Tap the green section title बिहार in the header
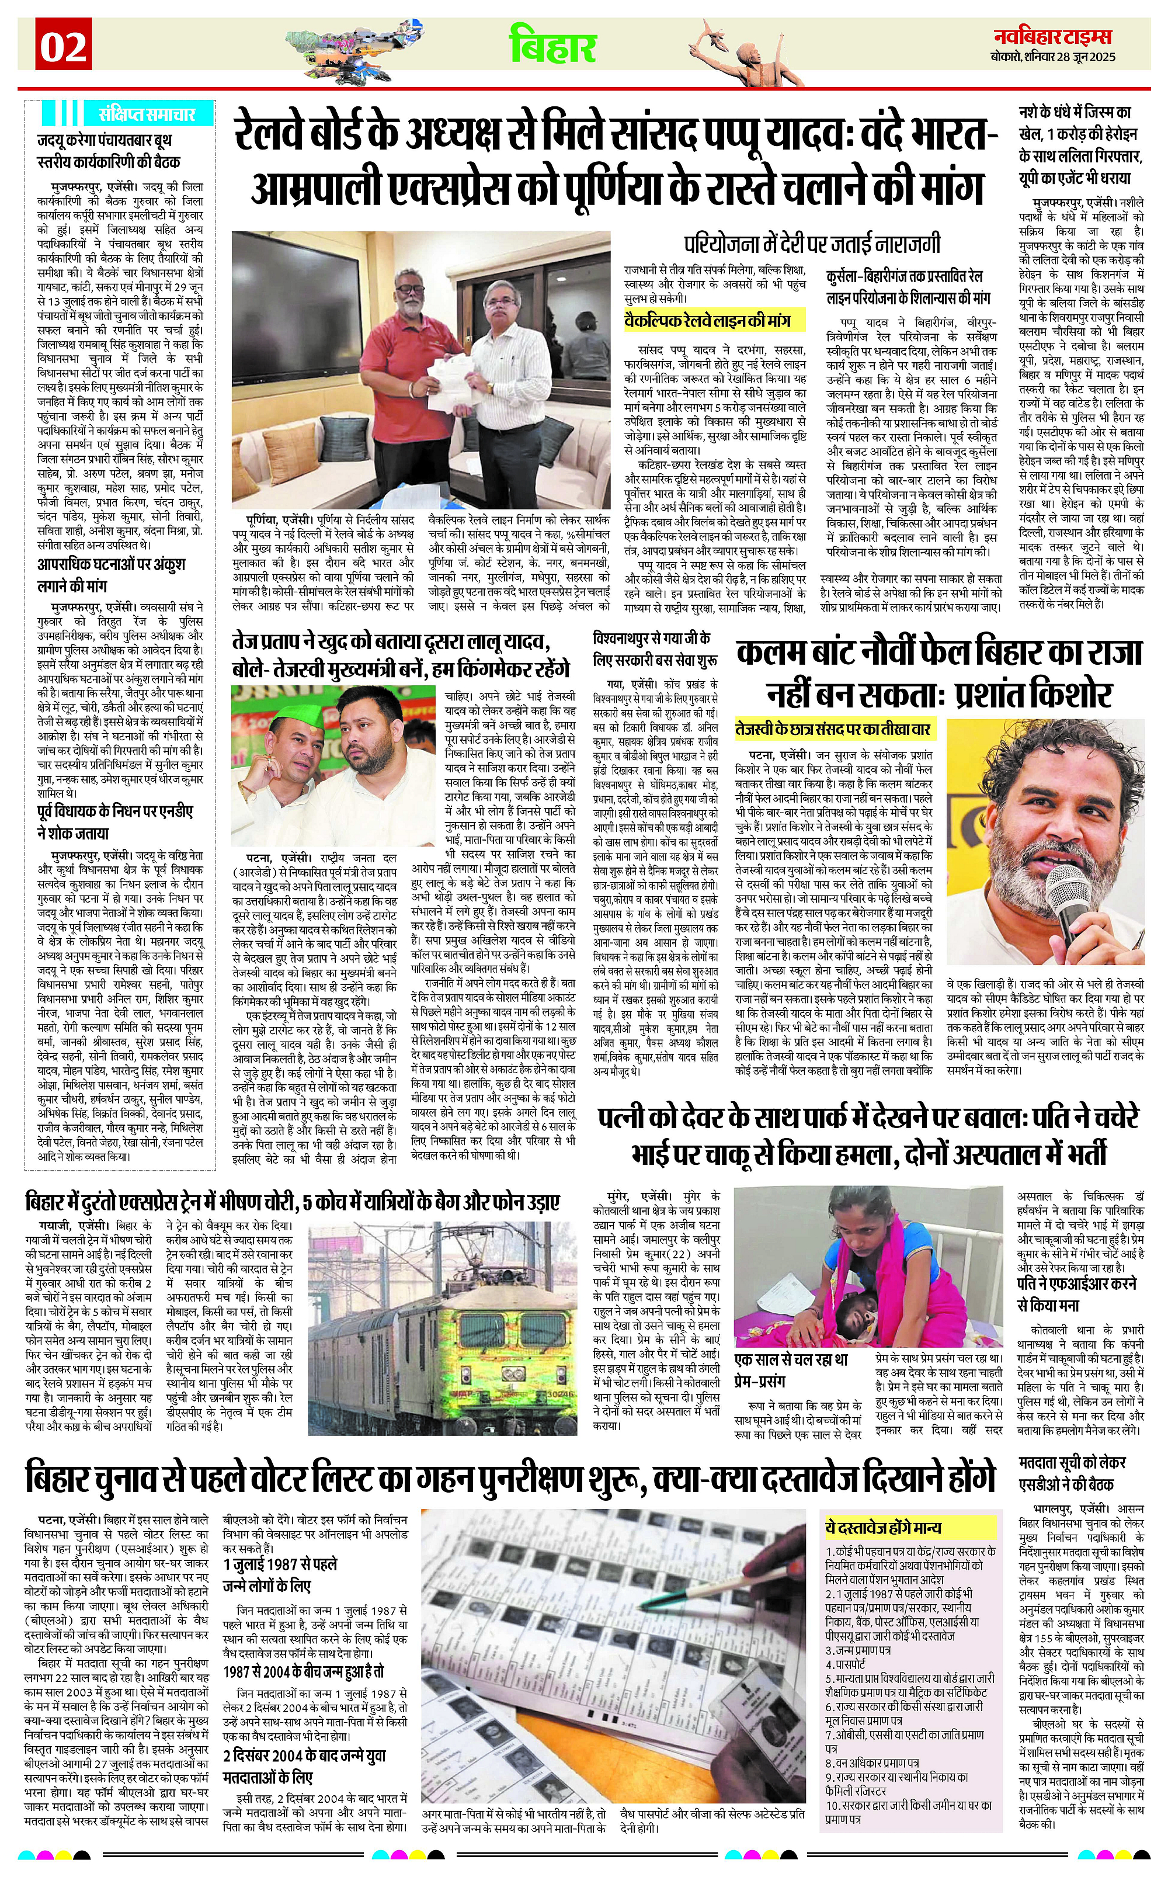point(553,46)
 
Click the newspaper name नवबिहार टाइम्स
point(1055,36)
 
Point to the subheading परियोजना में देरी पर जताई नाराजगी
point(811,245)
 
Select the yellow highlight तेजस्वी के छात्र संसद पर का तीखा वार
point(835,728)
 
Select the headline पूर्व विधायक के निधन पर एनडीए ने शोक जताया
point(116,821)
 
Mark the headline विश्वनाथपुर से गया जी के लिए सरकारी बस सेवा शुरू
point(653,649)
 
